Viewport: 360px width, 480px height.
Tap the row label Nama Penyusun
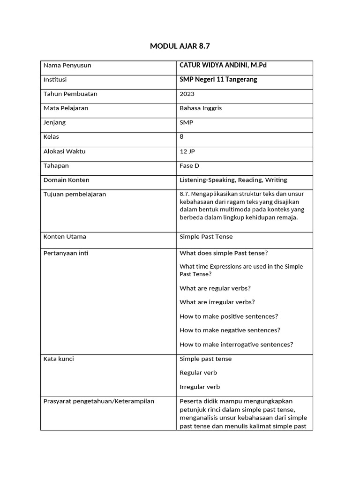(67, 65)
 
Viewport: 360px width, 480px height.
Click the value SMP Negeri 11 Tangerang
(218, 80)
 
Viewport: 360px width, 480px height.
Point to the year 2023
(187, 94)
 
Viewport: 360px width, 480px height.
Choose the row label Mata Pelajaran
(66, 108)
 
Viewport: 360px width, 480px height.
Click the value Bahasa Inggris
(201, 108)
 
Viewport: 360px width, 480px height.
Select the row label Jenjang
(54, 122)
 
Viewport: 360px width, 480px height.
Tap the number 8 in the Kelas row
(182, 137)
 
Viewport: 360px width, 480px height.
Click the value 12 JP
(187, 151)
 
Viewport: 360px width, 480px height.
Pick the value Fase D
(189, 165)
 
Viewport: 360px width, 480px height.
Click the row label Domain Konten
(66, 180)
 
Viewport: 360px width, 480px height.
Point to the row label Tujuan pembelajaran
(75, 194)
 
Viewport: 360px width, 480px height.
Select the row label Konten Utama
(65, 237)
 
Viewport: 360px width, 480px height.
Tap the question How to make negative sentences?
(230, 330)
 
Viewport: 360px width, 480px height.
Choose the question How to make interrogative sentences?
(236, 344)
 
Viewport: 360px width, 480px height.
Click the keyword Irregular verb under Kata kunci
(200, 387)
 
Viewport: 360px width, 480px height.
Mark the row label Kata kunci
(59, 359)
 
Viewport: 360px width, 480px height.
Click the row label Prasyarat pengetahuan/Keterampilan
(98, 401)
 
